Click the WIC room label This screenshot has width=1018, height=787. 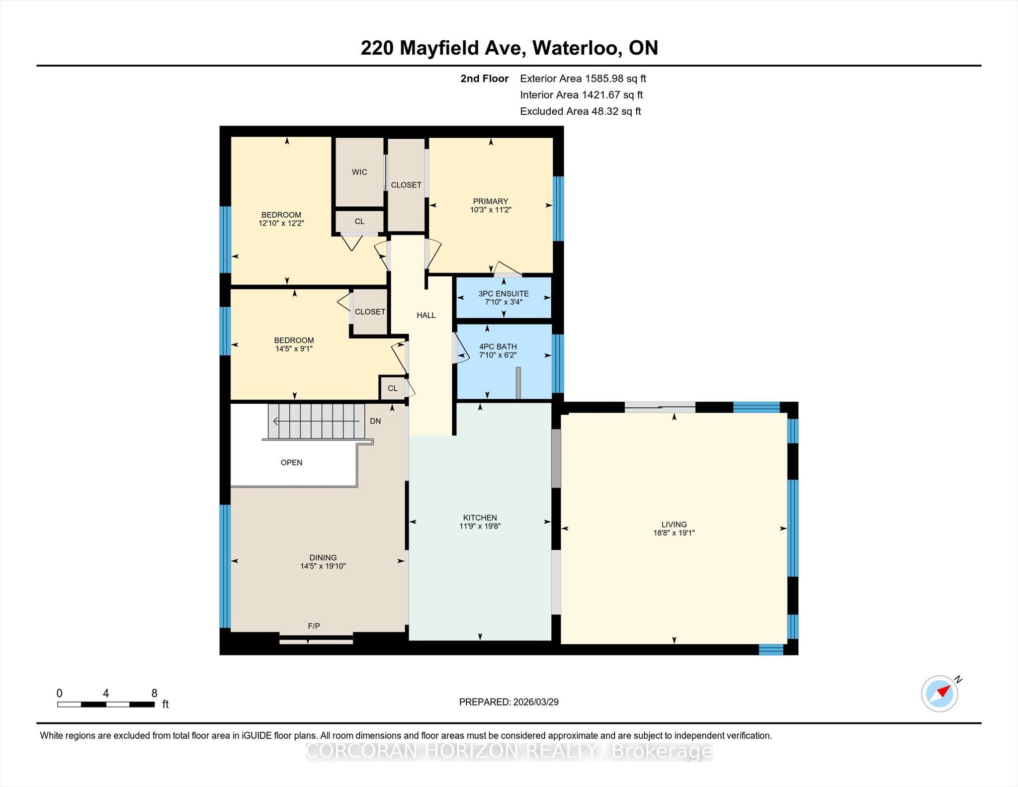[x=359, y=172]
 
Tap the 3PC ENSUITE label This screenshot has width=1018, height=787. [x=504, y=294]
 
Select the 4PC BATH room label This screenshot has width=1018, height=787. [x=498, y=347]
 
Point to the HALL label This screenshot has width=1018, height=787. [x=426, y=315]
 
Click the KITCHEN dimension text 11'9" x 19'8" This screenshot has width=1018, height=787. [x=480, y=526]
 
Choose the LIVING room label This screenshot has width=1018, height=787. [x=674, y=525]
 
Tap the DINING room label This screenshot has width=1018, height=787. [x=323, y=558]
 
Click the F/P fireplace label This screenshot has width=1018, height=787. [x=314, y=626]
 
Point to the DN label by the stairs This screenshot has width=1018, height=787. [x=375, y=421]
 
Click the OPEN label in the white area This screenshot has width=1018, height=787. [x=291, y=462]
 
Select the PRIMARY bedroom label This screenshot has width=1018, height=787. [x=490, y=201]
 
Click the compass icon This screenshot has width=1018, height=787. [x=939, y=693]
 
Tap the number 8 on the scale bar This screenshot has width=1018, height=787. [x=154, y=693]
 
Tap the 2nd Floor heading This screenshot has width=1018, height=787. [x=485, y=79]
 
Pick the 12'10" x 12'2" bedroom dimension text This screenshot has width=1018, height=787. [x=281, y=223]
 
